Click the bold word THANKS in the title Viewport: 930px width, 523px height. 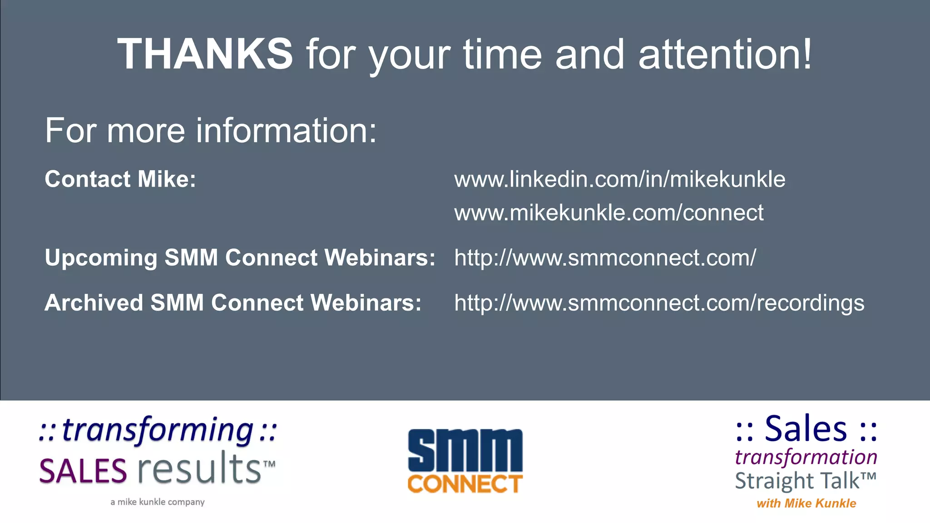[x=205, y=54]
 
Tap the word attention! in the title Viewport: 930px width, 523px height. [x=725, y=54]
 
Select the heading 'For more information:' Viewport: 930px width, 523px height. [x=211, y=131]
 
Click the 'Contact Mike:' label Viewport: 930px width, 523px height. [x=120, y=179]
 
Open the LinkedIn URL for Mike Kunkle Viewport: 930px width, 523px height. [x=619, y=179]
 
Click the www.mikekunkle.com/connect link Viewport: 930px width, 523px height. [x=608, y=212]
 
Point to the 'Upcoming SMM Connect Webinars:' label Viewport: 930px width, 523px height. [x=240, y=257]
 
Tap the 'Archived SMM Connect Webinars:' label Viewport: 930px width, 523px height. [x=233, y=302]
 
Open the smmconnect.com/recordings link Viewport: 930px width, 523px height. [x=659, y=303]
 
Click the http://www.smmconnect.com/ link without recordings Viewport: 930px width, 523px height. [x=605, y=258]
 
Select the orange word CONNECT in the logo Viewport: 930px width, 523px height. [x=465, y=484]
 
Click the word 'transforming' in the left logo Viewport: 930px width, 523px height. [x=158, y=430]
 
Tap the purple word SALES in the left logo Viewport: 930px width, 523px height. [x=83, y=471]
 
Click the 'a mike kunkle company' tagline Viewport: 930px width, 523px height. [x=158, y=502]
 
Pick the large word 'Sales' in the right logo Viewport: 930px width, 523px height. [x=806, y=429]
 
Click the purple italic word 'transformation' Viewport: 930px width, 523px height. [x=806, y=457]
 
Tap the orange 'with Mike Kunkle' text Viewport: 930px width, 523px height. [x=806, y=503]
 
